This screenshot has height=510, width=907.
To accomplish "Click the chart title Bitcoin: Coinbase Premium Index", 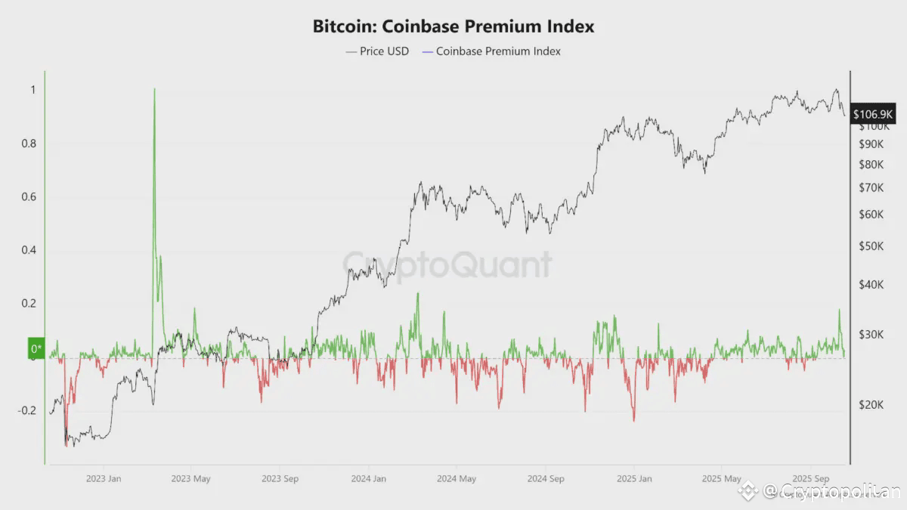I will coord(453,26).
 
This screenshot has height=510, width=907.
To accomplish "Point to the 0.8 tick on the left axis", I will coord(27,144).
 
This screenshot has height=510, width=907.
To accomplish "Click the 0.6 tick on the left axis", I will coord(27,197).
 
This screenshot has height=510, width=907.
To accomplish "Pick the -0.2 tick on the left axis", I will coord(25,411).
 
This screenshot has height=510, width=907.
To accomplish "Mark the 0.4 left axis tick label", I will coord(27,250).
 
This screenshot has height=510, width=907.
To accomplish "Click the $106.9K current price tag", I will coord(873,114).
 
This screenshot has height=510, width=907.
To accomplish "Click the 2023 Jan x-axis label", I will coord(104,478).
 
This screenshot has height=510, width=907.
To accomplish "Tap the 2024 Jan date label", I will coord(368,478).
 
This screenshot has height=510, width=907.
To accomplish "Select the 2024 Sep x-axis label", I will coord(545,478).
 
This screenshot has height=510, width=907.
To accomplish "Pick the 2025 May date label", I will coord(721,478).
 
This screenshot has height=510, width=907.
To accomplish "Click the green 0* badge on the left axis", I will coord(36,349).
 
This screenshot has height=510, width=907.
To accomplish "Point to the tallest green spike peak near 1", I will coord(154,90).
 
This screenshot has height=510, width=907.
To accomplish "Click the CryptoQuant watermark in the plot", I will coord(447,265).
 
